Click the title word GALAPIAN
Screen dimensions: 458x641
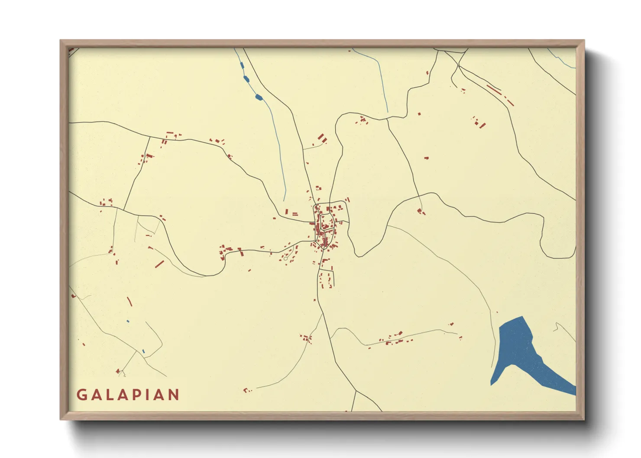pyautogui.click(x=128, y=395)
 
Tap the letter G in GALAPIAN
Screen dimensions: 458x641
pyautogui.click(x=81, y=395)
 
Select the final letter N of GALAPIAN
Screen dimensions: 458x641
pyautogui.click(x=174, y=395)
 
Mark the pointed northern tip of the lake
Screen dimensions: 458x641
pyautogui.click(x=523, y=317)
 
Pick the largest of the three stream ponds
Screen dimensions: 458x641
pyautogui.click(x=259, y=97)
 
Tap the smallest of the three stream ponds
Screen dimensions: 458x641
pyautogui.click(x=242, y=66)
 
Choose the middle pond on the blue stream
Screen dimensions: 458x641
pyautogui.click(x=246, y=79)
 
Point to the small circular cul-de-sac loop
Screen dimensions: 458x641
pyautogui.click(x=286, y=258)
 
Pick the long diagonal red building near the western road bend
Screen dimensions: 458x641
pyautogui.click(x=159, y=264)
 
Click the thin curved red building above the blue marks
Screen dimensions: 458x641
pyautogui.click(x=129, y=301)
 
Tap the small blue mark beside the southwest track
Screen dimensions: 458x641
pyautogui.click(x=143, y=352)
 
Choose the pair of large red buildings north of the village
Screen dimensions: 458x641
pyautogui.click(x=322, y=139)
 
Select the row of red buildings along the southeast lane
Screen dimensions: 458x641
pyautogui.click(x=394, y=339)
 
